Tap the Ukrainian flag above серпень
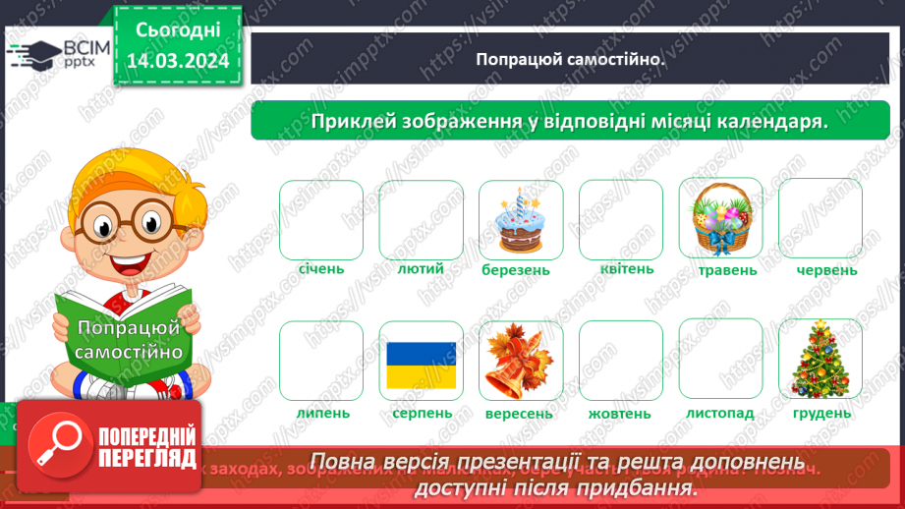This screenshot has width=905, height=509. (421, 365)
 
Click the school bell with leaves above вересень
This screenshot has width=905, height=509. (521, 361)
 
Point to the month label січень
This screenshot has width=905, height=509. (321, 268)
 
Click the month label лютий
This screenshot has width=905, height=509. (422, 268)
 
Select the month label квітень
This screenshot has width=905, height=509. (621, 268)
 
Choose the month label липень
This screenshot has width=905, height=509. (321, 412)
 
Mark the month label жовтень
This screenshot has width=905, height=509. (620, 413)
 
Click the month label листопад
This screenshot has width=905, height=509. (720, 412)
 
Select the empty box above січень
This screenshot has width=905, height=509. (321, 218)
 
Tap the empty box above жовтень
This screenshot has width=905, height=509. (621, 360)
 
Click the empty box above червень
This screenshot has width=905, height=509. (820, 218)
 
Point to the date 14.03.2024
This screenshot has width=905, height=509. (179, 62)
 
